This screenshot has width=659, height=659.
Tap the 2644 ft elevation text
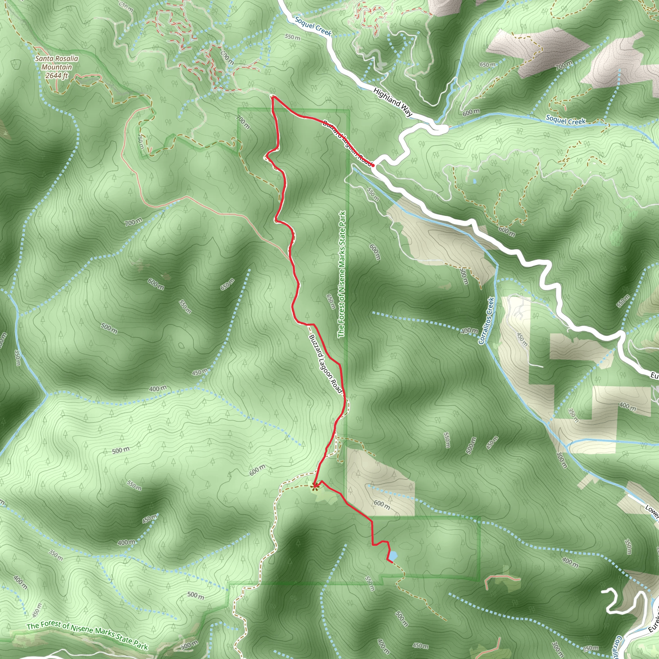tap(57, 75)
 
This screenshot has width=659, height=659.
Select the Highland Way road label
tap(393, 102)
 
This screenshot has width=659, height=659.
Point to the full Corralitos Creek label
tap(487, 320)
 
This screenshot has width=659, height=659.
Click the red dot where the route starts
tap(373, 165)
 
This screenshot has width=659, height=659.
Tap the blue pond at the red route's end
tap(393, 556)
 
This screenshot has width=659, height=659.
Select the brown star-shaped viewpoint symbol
tap(315, 486)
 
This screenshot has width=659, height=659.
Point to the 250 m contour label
tap(590, 648)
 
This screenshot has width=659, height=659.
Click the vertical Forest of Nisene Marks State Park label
tap(342, 274)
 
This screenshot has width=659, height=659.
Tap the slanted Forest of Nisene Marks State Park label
tap(87, 636)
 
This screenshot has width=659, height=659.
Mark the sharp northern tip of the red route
tap(273, 97)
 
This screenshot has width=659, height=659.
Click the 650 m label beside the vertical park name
tap(330, 302)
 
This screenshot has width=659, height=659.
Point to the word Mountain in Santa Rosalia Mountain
tap(57, 67)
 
